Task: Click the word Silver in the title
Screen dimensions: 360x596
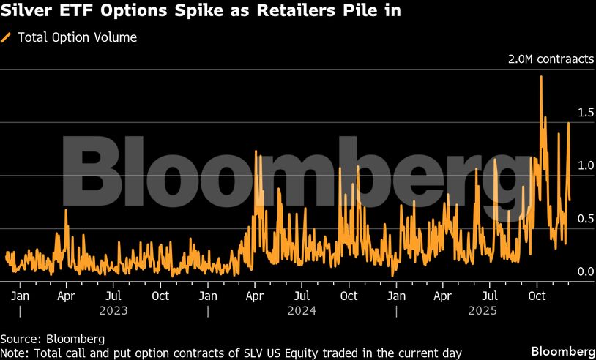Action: click(x=27, y=12)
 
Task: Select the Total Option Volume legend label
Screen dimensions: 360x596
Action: click(x=77, y=37)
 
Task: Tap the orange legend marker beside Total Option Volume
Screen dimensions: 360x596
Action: click(x=7, y=37)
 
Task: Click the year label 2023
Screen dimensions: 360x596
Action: click(x=113, y=310)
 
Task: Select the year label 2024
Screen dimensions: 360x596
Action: click(x=301, y=310)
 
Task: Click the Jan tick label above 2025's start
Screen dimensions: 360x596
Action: click(x=396, y=296)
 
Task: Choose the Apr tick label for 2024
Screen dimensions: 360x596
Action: click(x=255, y=296)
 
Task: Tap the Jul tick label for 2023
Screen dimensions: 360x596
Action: click(x=113, y=296)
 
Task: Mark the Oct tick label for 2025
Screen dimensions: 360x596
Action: click(x=537, y=296)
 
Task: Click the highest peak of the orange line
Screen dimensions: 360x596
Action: click(x=541, y=77)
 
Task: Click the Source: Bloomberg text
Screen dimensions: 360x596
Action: click(x=53, y=340)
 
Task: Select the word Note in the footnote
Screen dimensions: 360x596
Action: click(x=13, y=353)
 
